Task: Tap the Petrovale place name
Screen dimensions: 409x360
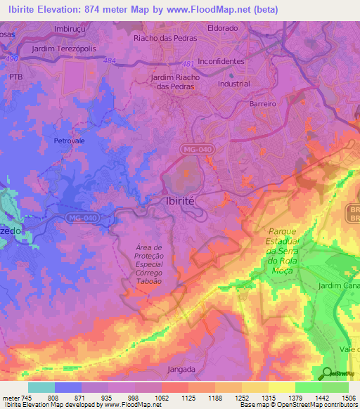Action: pos(68,141)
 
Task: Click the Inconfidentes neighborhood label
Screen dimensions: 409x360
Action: pos(221,61)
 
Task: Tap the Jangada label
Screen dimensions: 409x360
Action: pos(182,369)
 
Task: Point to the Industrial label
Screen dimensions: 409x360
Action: pos(233,84)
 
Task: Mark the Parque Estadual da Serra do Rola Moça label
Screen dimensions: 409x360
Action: pos(283,246)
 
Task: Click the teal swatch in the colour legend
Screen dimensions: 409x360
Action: pos(41,387)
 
